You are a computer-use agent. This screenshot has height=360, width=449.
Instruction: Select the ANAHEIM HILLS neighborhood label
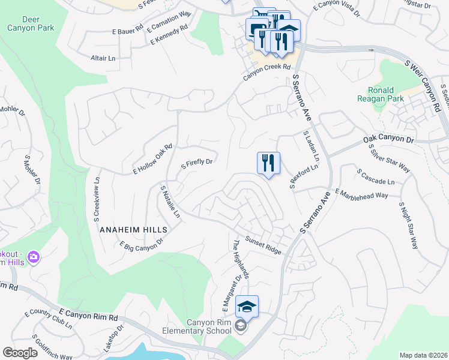click(133, 230)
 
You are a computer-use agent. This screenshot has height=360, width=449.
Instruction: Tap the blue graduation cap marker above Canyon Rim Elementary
click(247, 307)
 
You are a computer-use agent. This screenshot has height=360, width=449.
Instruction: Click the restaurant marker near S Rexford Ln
click(268, 163)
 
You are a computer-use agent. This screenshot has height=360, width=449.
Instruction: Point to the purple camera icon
click(33, 257)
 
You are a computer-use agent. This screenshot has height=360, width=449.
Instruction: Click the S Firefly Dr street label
click(197, 162)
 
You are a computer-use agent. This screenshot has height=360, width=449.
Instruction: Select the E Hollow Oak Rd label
click(152, 159)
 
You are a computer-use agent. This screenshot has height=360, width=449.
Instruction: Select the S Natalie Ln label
click(169, 201)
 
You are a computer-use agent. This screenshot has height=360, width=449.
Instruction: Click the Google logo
click(20, 353)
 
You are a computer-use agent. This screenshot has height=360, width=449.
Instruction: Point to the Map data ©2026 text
click(423, 355)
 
